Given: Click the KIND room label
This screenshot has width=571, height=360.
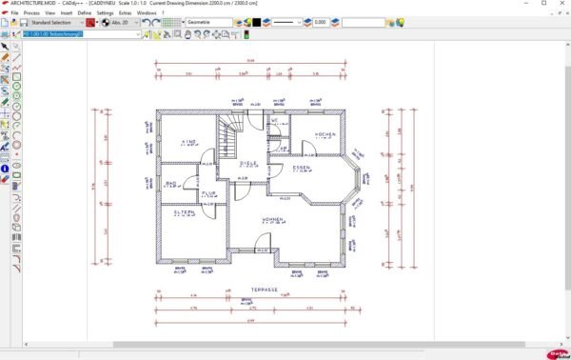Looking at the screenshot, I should coord(188,142).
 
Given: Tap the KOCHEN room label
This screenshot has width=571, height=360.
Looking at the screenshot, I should coord(324,134).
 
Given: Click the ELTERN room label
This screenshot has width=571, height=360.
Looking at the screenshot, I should coord(184,212).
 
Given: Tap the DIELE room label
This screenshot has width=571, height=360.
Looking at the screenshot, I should coord(248,164).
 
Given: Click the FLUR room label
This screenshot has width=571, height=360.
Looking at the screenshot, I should coord(209,193).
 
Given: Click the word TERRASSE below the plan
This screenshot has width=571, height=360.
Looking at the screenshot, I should coord(264,289).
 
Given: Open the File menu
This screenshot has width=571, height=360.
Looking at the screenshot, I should coord(14,13).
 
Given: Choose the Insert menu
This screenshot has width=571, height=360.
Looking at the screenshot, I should coord(66,13).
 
